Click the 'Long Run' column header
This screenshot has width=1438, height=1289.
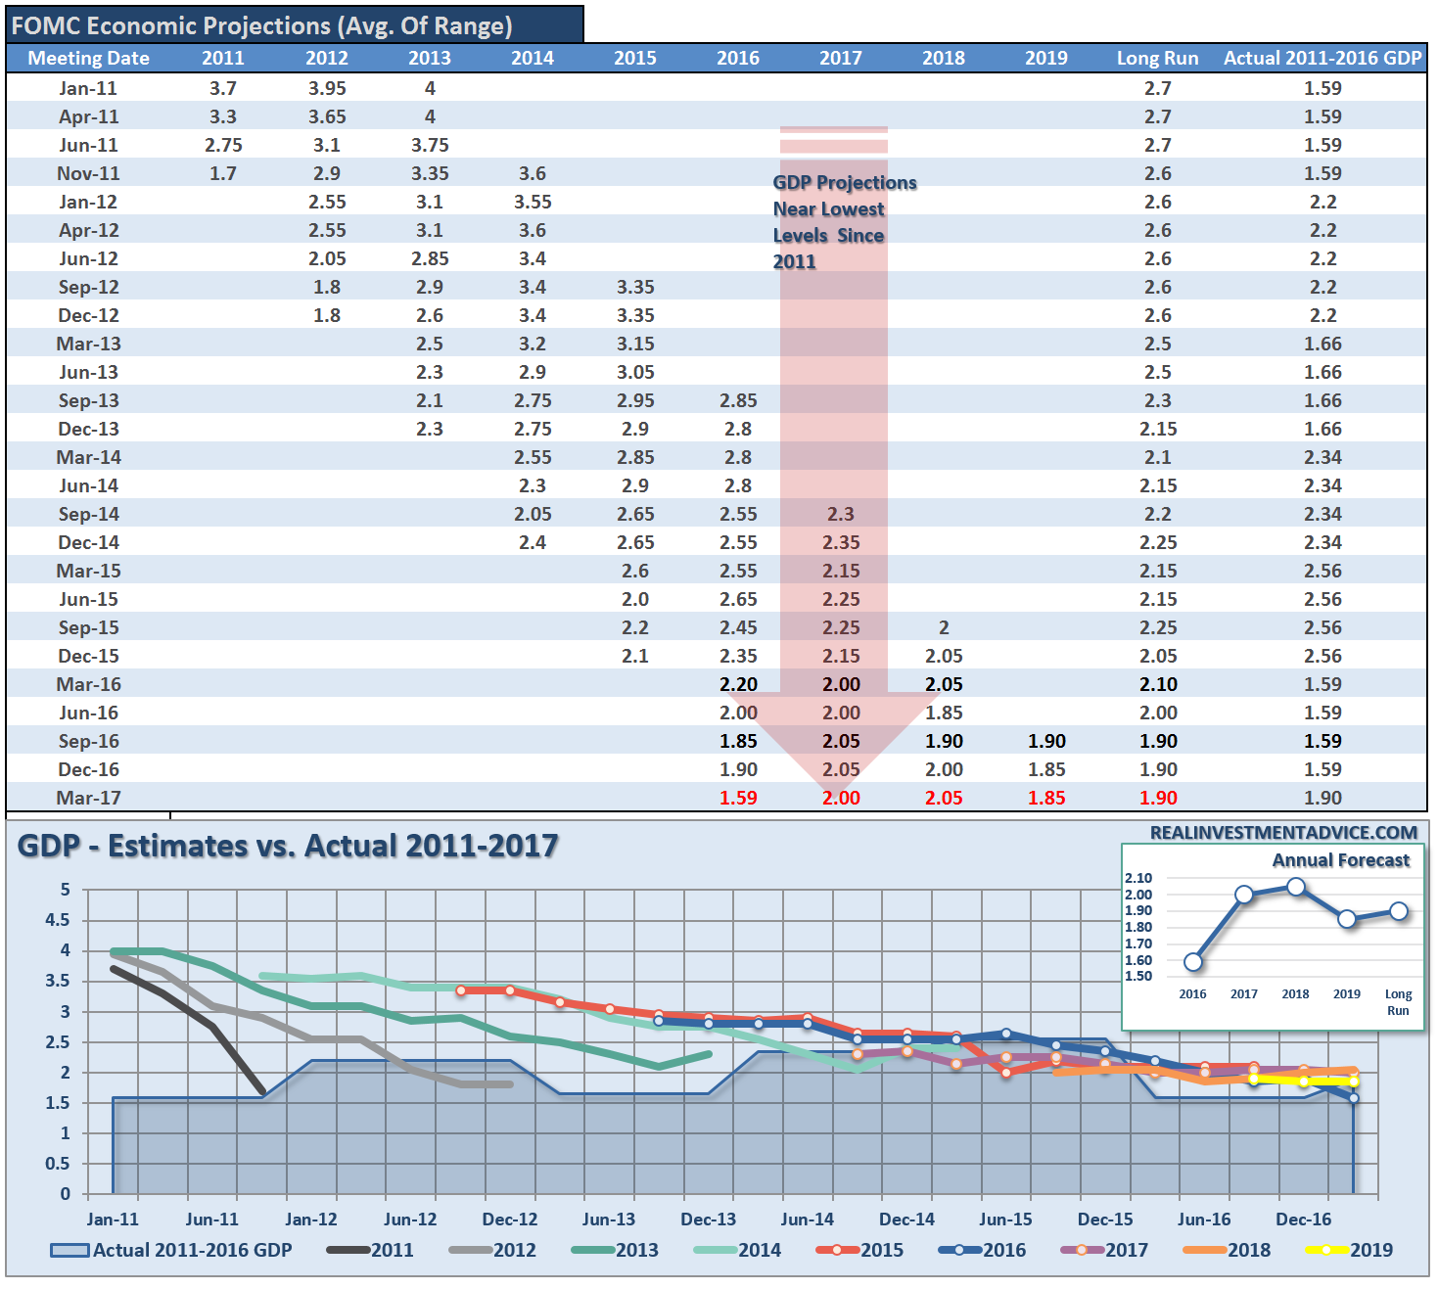point(1157,58)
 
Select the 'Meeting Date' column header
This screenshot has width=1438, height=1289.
point(88,58)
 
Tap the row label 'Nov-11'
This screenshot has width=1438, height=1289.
point(88,173)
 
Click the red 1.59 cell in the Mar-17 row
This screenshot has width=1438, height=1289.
point(738,798)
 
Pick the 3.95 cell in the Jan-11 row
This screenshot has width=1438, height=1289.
point(327,88)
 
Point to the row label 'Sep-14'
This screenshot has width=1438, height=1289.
point(88,514)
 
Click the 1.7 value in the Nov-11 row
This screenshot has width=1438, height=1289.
point(223,173)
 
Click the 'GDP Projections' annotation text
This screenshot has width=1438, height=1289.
point(845,183)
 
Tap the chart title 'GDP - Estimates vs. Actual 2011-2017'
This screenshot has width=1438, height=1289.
point(288,845)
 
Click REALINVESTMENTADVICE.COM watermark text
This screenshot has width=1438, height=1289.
point(1283,833)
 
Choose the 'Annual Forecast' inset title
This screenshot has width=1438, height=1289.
point(1340,860)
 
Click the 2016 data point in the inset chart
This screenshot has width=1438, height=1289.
point(1192,962)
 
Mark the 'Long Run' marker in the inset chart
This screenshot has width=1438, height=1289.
point(1399,911)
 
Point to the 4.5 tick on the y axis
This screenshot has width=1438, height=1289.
point(58,920)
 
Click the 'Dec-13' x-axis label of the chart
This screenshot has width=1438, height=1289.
point(708,1220)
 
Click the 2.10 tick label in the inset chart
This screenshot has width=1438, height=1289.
point(1138,878)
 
